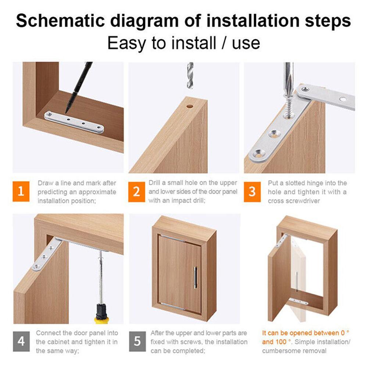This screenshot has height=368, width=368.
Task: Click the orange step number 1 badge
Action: point(21,192)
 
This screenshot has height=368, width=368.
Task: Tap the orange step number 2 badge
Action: point(137,192)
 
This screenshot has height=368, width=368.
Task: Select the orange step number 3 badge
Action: point(252,192)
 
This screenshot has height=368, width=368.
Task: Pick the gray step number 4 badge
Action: point(21,342)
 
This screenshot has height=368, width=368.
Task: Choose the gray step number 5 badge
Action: point(137,342)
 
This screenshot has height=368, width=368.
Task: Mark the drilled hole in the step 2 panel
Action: point(190,106)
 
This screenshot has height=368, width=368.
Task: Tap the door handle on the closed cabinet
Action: point(196,278)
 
